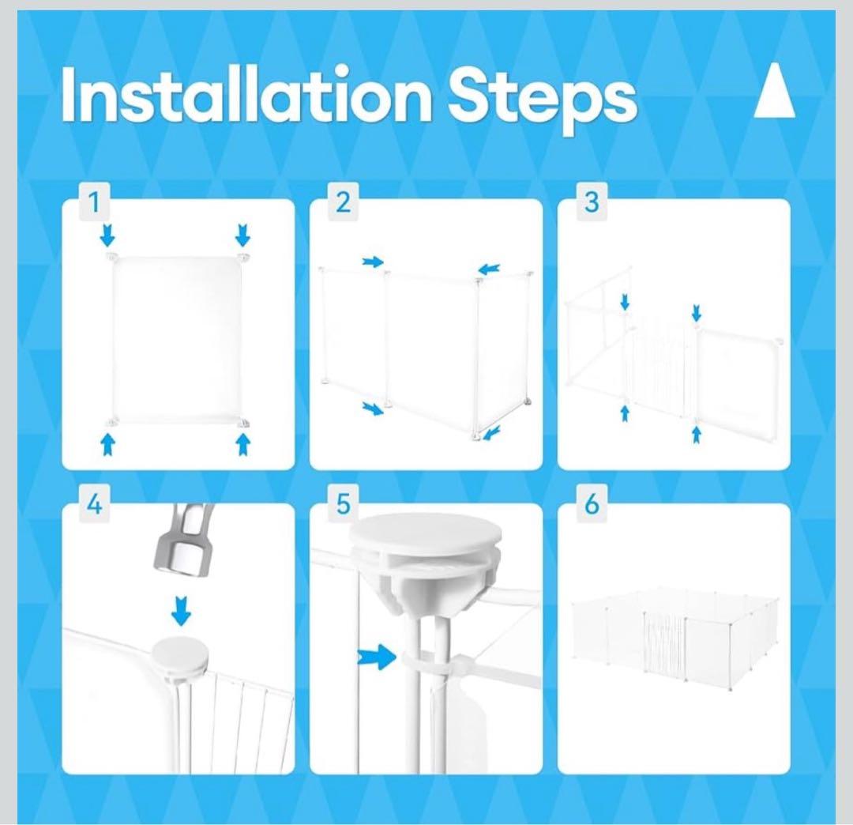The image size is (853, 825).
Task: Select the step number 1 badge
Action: (95, 202)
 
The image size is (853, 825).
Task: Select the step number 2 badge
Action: (343, 202)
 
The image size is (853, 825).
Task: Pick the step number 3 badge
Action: (592, 202)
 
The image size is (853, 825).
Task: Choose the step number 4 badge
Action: (95, 504)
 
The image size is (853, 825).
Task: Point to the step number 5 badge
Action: (343, 504)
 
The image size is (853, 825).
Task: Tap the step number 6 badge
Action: (592, 504)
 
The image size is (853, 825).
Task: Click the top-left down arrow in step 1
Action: (108, 235)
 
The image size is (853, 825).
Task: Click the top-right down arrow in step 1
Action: (242, 235)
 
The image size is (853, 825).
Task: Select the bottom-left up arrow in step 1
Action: (108, 445)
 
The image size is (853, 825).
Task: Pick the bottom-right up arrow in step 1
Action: (242, 445)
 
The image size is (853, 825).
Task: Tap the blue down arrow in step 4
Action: (181, 611)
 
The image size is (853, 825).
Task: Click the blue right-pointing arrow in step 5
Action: (377, 657)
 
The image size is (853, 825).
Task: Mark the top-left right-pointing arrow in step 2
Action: (373, 262)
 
